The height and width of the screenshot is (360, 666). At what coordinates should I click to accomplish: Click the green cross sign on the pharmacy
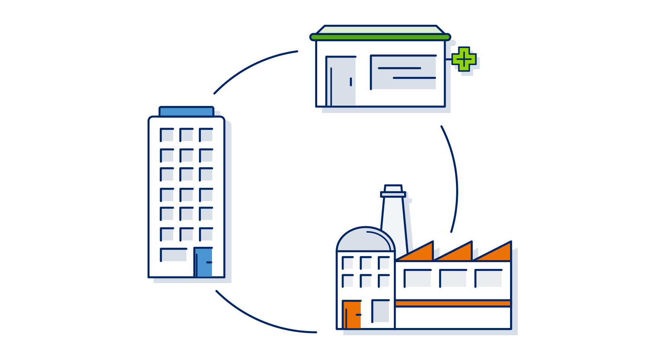[x=464, y=59]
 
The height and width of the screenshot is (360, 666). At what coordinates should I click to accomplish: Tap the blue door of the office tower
[x=204, y=262]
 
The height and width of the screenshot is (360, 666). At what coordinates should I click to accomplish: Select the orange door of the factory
[x=351, y=315]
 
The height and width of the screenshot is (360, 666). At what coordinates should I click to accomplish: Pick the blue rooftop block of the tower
[x=186, y=112]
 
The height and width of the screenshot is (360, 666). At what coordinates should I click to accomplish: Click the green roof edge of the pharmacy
[x=380, y=37]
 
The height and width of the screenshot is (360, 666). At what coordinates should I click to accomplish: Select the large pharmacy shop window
[x=403, y=72]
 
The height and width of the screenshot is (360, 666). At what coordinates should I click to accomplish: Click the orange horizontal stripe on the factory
[x=453, y=303]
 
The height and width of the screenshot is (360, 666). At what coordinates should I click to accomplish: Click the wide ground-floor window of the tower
[x=174, y=255]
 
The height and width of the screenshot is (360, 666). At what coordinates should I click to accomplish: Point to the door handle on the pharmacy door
[x=351, y=82]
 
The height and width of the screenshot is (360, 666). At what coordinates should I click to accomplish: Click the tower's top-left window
[x=167, y=135]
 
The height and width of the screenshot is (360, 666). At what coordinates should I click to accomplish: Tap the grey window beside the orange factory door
[x=380, y=311]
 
